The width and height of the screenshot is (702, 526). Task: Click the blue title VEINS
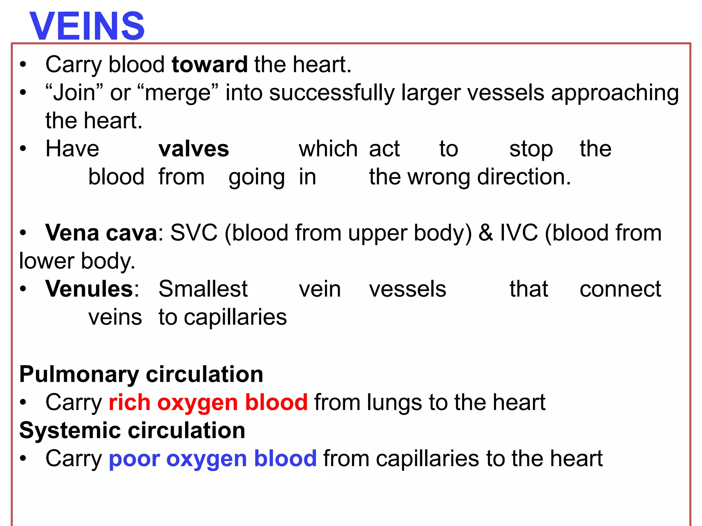pos(87,26)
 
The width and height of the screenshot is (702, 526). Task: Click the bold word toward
pos(209,64)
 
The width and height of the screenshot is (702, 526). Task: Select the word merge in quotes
pos(178,93)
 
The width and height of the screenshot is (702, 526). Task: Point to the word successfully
pos(331,93)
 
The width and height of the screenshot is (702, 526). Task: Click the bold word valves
pos(194,149)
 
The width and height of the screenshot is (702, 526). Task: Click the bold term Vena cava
pos(101,233)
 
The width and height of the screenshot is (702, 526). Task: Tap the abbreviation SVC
pos(194,233)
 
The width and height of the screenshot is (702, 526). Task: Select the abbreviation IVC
pos(519,233)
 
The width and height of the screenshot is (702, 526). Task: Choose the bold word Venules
pos(89,289)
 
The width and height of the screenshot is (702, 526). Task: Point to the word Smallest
pos(203,289)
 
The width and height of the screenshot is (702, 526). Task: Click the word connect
pos(620,289)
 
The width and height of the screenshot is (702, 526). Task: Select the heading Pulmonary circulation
pos(141,374)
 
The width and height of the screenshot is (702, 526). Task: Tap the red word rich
pos(129,402)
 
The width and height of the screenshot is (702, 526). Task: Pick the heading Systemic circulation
pos(132,430)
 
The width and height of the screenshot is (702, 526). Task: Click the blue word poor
pos(134,459)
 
